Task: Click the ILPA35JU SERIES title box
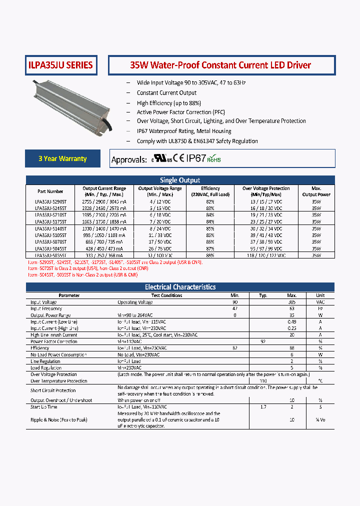point(60,65)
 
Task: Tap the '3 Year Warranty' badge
point(62,158)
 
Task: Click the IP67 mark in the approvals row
point(195,158)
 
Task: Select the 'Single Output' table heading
point(180,180)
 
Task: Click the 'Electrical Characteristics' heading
point(180,287)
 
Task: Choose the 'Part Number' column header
point(50,191)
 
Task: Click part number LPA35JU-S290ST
point(50,201)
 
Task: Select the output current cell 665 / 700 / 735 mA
point(105,241)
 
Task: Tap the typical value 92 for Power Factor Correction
point(263,341)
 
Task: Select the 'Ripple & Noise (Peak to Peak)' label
point(59,420)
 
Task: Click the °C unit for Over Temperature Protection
point(320,381)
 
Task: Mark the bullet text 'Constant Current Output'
point(166,93)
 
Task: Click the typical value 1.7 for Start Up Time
point(263,407)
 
